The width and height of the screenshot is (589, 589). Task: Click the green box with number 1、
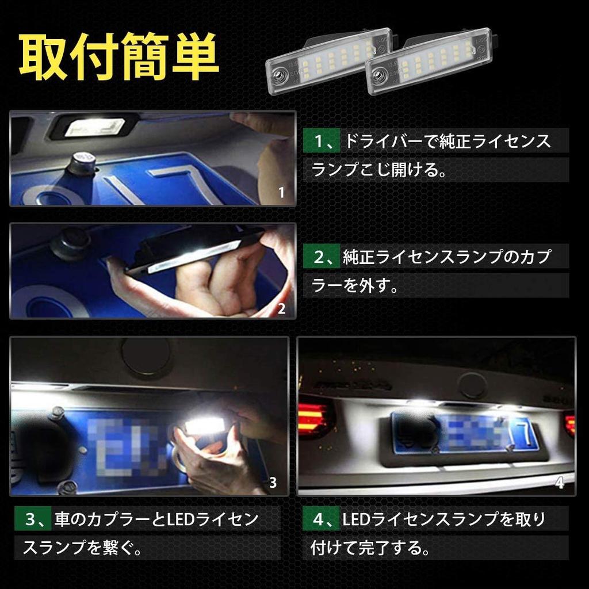[322, 141]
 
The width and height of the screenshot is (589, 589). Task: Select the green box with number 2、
[322, 257]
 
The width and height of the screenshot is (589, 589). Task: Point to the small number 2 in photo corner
[281, 308]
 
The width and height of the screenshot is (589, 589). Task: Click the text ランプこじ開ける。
[380, 171]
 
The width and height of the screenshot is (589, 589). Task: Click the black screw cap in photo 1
[80, 164]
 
